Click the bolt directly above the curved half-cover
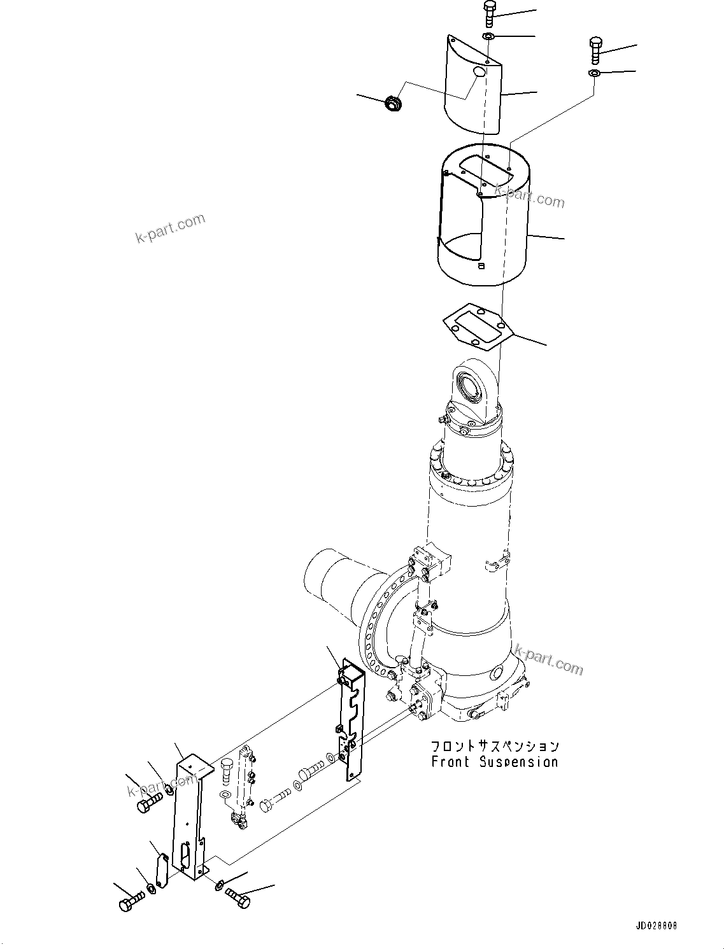tap(489, 15)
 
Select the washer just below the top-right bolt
tap(593, 74)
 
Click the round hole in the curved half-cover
tap(479, 73)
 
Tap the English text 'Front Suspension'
tap(495, 762)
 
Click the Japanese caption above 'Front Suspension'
tap(495, 746)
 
